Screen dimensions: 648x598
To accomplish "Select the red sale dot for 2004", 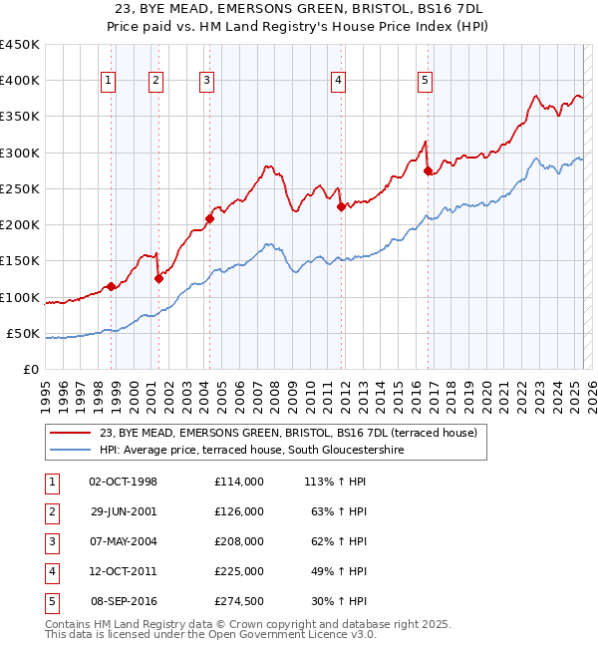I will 210,218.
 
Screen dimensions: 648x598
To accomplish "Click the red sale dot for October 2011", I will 341,207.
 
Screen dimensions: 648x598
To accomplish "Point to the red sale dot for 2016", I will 429,171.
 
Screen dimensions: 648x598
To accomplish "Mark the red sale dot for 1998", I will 112,287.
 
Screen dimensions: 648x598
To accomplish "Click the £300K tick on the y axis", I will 19,153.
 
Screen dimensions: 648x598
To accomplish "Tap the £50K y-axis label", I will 23,333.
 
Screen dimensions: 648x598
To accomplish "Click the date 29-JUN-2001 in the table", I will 124,511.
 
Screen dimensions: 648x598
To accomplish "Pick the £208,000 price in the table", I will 238,541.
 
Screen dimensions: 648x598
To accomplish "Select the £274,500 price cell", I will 238,601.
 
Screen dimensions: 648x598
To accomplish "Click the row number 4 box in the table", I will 52,571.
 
